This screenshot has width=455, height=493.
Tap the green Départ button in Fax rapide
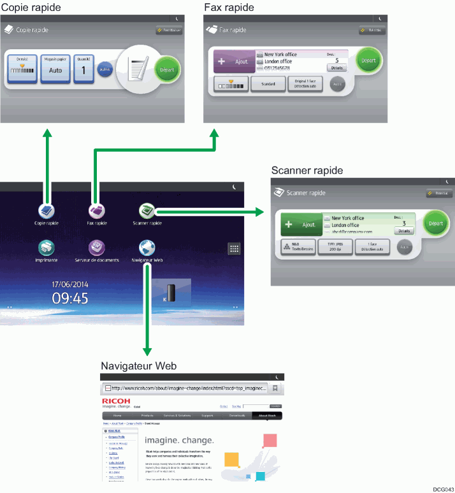368,61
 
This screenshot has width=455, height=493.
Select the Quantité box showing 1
83,69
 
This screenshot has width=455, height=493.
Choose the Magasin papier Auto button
55,69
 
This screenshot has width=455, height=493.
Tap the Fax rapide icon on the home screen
97,211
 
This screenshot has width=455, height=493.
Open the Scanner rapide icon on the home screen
147,211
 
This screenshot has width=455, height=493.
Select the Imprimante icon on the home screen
47,247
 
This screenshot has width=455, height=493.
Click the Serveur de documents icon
97,247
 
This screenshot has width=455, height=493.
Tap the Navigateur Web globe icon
147,247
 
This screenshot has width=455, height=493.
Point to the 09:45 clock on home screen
70,297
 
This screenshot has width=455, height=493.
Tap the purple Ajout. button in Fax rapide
233,62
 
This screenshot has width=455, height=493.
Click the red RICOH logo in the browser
115,401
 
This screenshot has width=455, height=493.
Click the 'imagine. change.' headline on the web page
179,441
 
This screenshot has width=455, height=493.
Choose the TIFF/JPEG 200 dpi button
335,247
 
